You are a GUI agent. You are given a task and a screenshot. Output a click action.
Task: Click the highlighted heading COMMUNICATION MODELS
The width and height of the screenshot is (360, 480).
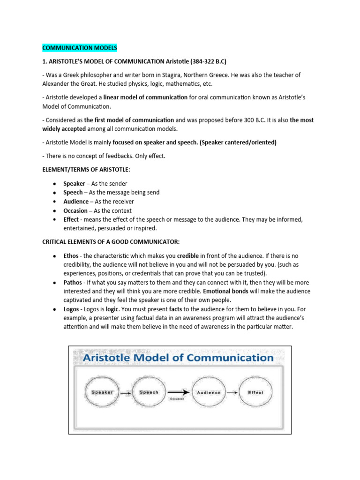point(80,48)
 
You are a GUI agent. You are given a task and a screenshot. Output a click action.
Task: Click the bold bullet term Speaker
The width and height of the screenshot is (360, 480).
point(74,183)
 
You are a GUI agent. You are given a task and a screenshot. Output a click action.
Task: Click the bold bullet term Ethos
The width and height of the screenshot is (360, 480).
point(72,256)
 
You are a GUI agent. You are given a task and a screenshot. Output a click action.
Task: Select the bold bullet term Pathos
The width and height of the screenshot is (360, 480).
point(73,283)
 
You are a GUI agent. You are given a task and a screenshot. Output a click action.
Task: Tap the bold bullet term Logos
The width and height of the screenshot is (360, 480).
point(72,310)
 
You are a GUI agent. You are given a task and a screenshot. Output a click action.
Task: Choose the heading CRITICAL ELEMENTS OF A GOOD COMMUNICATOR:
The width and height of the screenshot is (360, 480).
point(111,241)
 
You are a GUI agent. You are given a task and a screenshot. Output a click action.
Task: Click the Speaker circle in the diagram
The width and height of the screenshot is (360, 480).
point(102,392)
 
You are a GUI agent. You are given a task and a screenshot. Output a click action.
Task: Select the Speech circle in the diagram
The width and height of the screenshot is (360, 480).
point(149,392)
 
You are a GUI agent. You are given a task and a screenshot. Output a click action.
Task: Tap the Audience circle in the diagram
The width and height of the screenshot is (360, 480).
point(209,392)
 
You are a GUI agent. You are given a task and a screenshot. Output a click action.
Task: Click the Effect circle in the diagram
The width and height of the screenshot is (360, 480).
point(256,392)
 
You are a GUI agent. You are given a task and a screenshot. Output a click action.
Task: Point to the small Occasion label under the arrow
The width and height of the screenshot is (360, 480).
point(176,399)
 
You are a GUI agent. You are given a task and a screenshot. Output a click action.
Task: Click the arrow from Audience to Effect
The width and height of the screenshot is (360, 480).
point(232,392)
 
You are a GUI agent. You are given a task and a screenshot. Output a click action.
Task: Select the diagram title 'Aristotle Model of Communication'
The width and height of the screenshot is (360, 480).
point(179,358)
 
